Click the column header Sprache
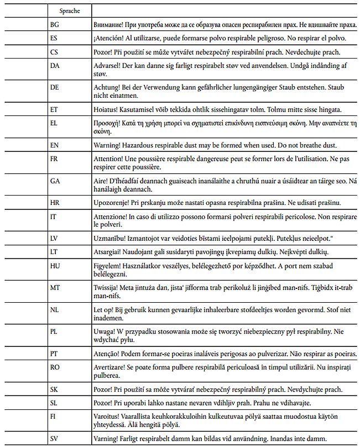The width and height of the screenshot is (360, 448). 69,10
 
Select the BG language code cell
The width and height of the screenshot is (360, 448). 54,25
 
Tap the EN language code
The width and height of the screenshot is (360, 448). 54,145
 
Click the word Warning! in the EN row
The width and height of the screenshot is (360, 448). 109,145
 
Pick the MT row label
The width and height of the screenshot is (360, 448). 55,288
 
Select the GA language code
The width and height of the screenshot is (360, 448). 55,181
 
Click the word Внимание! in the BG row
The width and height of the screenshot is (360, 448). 112,25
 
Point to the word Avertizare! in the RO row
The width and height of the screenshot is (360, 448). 112,368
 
